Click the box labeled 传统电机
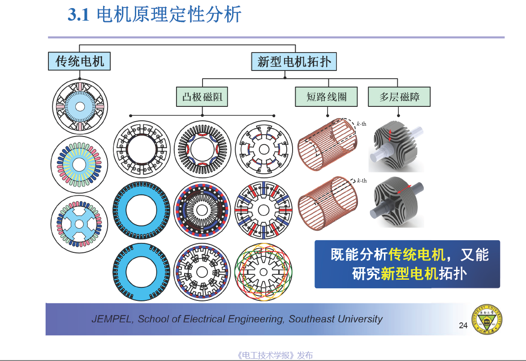79,61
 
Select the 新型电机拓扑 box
294,61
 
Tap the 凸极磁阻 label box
202,97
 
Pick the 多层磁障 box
399,97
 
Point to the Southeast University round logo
487,319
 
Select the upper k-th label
362,123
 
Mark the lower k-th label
362,180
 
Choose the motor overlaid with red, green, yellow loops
263,272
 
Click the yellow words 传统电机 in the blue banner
417,255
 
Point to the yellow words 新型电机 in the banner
409,273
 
